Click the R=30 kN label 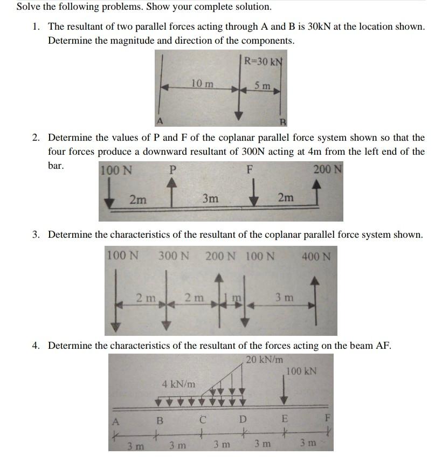[263, 59]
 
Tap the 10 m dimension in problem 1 [202, 83]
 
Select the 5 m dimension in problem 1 [263, 85]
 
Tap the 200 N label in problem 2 [328, 170]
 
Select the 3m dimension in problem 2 [210, 198]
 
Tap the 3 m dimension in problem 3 [284, 297]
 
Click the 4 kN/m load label [178, 384]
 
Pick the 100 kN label [301, 371]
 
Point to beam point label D [243, 419]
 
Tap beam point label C [203, 419]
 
